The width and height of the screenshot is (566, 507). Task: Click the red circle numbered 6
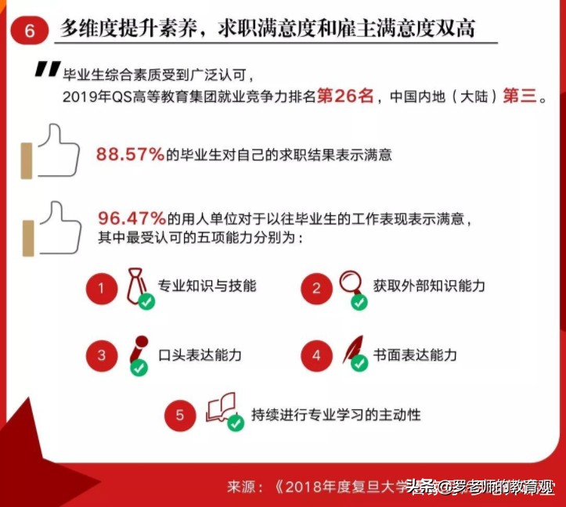(29, 31)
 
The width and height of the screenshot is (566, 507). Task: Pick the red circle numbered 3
(102, 356)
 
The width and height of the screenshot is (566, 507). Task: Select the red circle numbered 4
(316, 356)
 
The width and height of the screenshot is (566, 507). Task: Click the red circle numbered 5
(180, 415)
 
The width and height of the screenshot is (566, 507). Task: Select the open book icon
(220, 408)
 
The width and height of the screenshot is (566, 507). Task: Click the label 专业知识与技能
(207, 286)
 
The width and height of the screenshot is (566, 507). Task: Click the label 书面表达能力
(416, 355)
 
